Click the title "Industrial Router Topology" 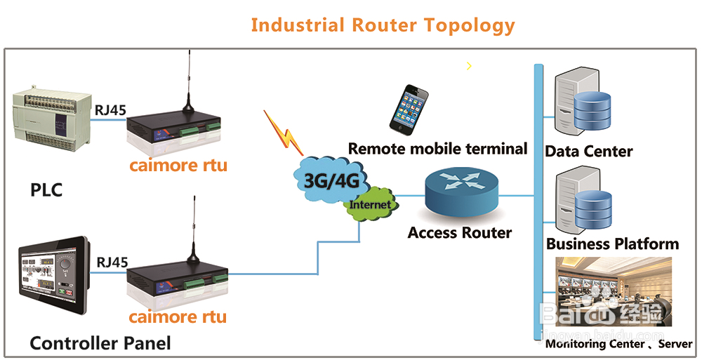[x=383, y=25]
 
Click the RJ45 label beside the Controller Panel [x=112, y=262]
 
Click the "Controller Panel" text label [x=100, y=343]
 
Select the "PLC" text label [x=47, y=190]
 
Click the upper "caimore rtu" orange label [x=178, y=166]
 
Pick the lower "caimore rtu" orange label [x=178, y=316]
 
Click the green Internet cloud [x=370, y=204]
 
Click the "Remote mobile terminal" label [x=437, y=149]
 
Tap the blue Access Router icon [x=461, y=192]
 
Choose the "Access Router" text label [x=460, y=232]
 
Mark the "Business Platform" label [x=612, y=244]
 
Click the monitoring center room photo [x=614, y=291]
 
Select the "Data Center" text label [x=589, y=151]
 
